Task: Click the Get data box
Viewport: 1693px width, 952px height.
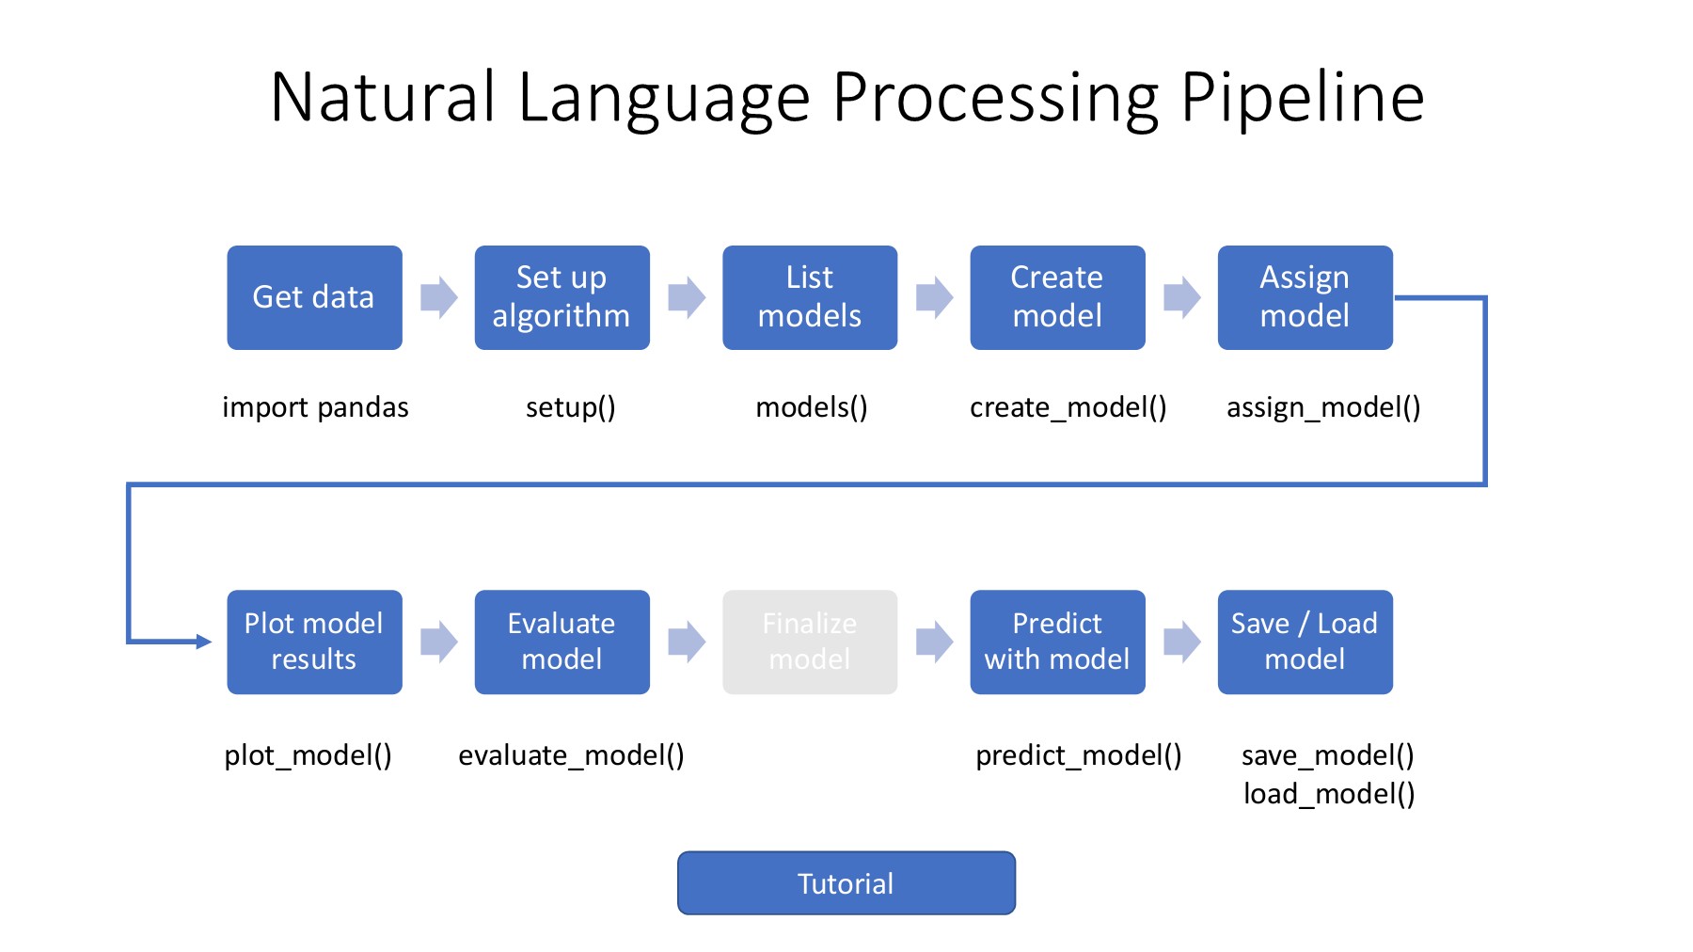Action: click(314, 297)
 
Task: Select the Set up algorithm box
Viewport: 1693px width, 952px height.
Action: click(562, 297)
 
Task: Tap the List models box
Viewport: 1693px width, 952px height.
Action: click(809, 297)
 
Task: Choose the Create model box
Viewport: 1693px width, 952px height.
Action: click(1057, 297)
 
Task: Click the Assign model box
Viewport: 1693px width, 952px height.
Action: click(1305, 297)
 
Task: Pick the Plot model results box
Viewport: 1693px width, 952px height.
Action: click(314, 642)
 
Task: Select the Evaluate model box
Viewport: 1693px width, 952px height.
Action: click(562, 642)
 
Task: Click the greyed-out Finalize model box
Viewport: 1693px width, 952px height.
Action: click(809, 642)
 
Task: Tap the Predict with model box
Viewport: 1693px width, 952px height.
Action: click(1057, 642)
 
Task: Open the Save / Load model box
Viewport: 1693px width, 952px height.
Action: click(1305, 642)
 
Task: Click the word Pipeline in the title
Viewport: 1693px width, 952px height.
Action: click(1302, 98)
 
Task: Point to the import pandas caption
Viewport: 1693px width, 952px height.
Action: click(315, 407)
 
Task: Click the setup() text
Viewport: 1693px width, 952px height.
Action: click(570, 407)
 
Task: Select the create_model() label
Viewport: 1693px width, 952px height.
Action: click(1068, 407)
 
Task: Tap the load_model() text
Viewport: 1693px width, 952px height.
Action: click(1328, 794)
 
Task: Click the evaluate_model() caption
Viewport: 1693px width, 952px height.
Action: click(571, 755)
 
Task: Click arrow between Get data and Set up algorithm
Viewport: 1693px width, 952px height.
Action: click(438, 297)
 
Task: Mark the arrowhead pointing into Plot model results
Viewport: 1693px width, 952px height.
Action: click(204, 642)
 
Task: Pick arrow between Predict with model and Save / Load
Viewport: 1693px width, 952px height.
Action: click(1181, 642)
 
